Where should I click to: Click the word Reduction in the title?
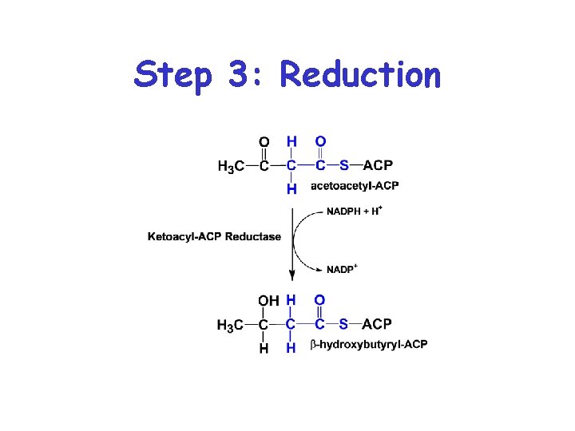tap(360, 75)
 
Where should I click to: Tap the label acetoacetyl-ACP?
tap(354, 186)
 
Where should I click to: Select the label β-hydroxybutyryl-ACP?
tap(368, 344)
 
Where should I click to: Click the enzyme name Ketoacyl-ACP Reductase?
tap(214, 236)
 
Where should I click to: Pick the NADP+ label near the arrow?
tap(341, 269)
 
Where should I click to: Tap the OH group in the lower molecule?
tap(269, 301)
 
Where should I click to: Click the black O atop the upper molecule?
tap(264, 142)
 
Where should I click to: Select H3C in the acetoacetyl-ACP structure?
tap(231, 166)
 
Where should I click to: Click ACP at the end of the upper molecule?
tap(378, 166)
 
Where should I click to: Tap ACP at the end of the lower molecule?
tap(377, 324)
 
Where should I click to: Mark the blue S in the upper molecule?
tap(343, 166)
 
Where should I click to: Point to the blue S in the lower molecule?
tap(343, 324)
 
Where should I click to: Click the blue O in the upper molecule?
tap(320, 142)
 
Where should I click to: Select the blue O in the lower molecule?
tap(319, 300)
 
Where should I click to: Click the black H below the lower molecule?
tap(264, 348)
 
